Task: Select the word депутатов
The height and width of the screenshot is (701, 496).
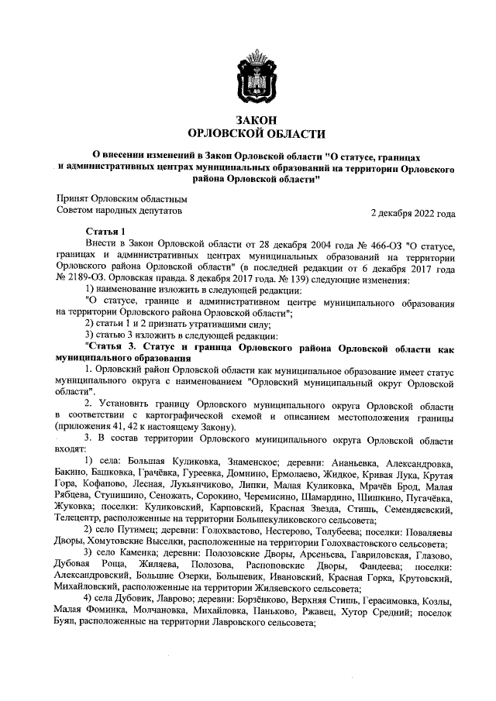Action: coord(155,209)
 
